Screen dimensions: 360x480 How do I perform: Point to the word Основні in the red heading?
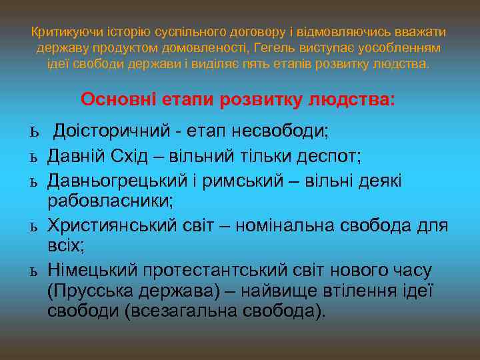pyautogui.click(x=117, y=100)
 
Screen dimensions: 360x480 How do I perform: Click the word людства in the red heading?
pyautogui.click(x=351, y=100)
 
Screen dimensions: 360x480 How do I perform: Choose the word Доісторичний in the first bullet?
pyautogui.click(x=110, y=130)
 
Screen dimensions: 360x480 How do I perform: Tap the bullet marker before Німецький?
pyautogui.click(x=33, y=271)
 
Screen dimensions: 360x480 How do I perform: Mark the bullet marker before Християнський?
pyautogui.click(x=33, y=227)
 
